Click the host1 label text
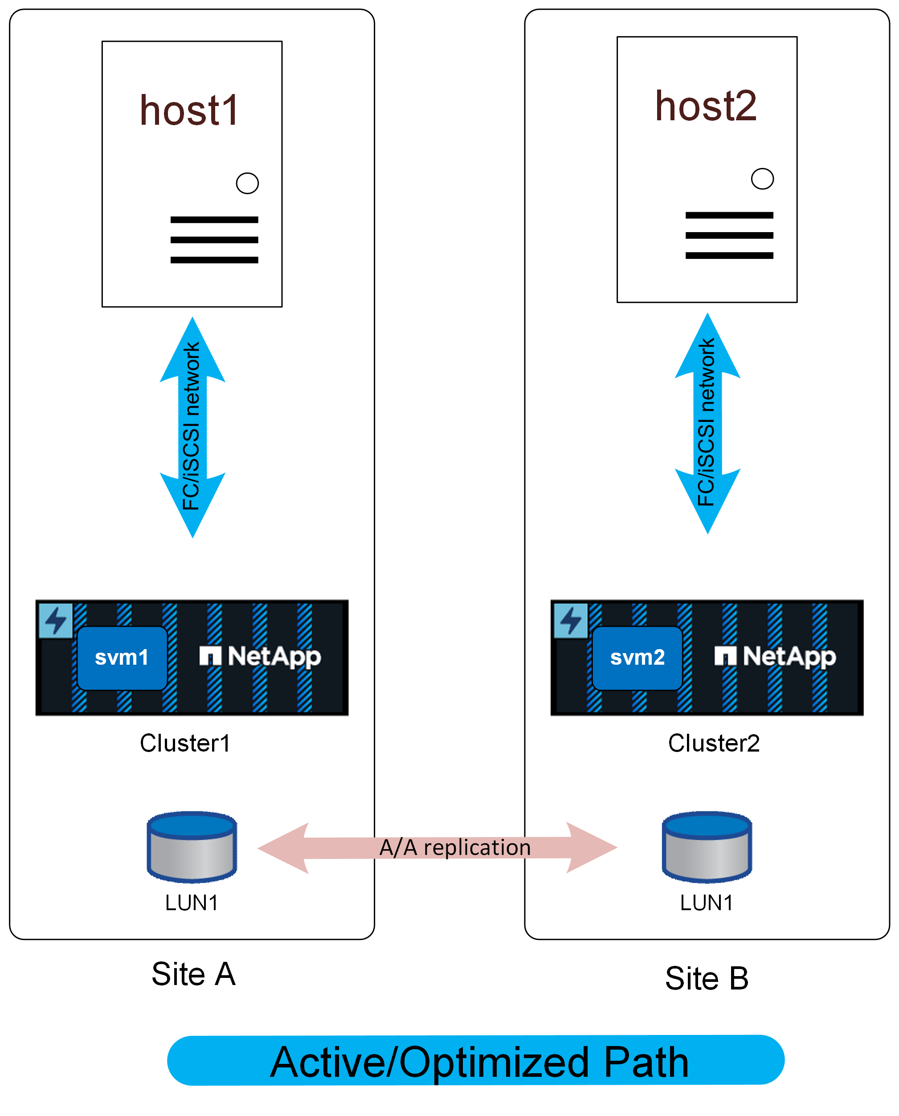tap(189, 110)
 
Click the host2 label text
tap(706, 106)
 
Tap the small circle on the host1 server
tap(247, 183)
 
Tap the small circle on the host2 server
tap(762, 179)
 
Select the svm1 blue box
tap(122, 658)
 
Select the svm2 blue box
tap(637, 658)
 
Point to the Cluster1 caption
tap(185, 743)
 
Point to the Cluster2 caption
tap(714, 743)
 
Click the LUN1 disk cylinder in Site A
tap(192, 847)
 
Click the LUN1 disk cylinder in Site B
tap(707, 847)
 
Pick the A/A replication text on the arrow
tap(455, 848)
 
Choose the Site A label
tap(193, 974)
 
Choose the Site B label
tap(707, 978)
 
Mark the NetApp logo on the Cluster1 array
tap(261, 657)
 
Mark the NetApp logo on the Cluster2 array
tap(775, 657)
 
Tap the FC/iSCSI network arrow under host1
tap(192, 427)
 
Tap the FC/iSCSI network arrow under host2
tap(707, 423)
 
